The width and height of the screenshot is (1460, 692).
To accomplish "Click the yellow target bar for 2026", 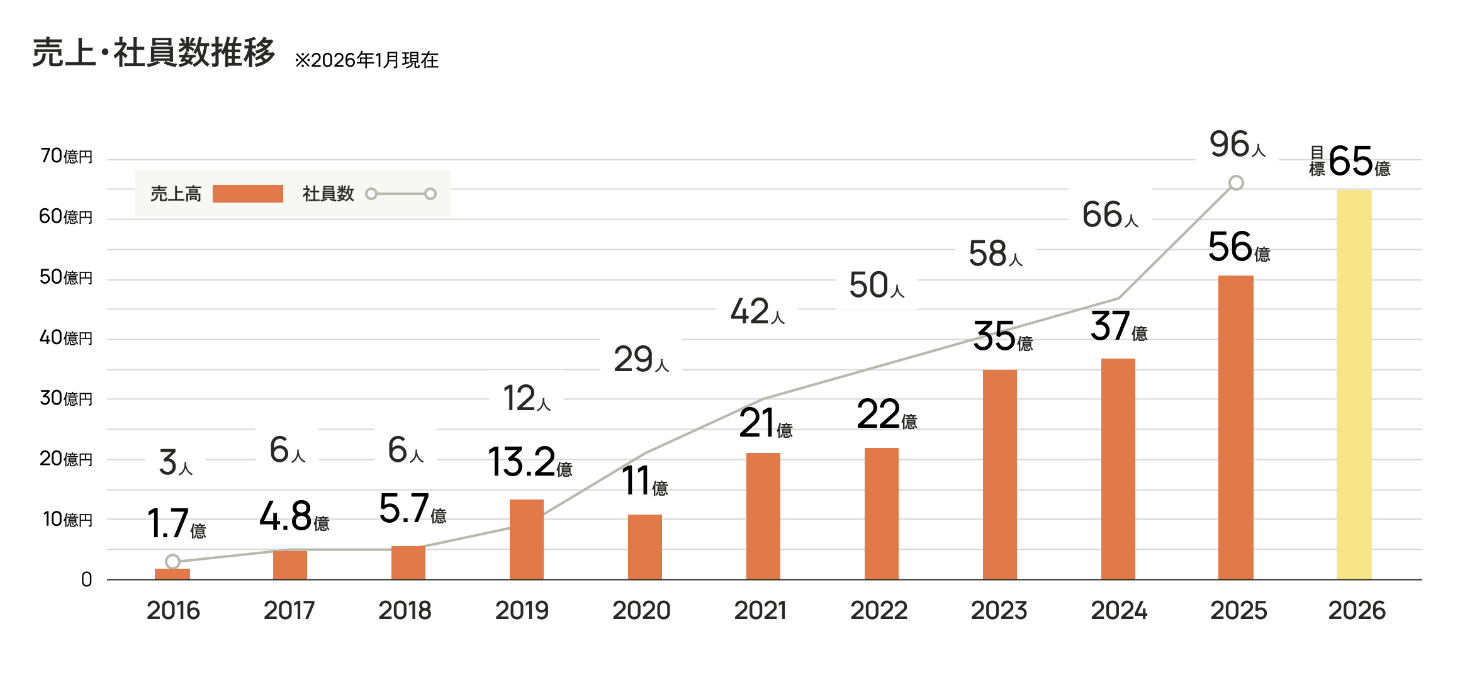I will click(x=1354, y=384).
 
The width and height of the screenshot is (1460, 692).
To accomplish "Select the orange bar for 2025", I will click(x=1235, y=427).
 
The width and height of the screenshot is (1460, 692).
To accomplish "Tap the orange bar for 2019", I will click(x=526, y=539).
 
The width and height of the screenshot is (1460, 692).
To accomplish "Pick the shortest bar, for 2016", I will click(x=172, y=574).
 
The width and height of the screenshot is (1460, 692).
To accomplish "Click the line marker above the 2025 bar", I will click(x=1236, y=183).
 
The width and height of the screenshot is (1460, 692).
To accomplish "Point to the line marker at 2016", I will click(x=173, y=561).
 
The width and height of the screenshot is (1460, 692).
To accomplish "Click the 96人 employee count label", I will click(x=1237, y=146).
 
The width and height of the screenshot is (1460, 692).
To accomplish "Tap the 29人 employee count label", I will click(x=641, y=360).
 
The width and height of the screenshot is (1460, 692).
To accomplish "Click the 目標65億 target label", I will click(x=1350, y=162).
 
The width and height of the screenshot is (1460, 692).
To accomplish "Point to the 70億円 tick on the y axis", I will click(x=66, y=156).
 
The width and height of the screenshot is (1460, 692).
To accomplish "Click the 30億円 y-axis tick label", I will click(x=66, y=398).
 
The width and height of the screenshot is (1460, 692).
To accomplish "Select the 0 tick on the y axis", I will click(x=87, y=580).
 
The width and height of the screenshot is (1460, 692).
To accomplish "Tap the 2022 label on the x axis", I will click(x=879, y=611).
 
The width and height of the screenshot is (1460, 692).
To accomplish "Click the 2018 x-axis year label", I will click(x=405, y=611).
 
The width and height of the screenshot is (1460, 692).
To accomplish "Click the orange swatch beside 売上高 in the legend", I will click(x=247, y=194).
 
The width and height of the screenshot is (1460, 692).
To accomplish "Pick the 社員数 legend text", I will click(x=328, y=194).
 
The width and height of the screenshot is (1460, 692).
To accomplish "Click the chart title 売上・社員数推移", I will click(x=154, y=53).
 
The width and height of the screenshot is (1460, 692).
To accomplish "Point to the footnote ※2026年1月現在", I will click(x=366, y=60).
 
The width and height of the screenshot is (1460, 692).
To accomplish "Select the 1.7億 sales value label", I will click(x=176, y=525).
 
